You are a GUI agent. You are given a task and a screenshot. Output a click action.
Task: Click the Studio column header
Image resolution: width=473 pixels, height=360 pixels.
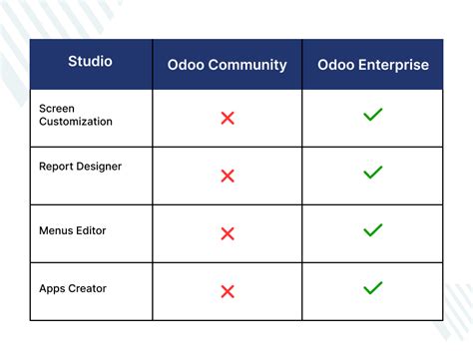[90, 62]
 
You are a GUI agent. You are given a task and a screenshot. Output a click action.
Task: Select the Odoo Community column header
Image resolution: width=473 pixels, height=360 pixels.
[227, 65]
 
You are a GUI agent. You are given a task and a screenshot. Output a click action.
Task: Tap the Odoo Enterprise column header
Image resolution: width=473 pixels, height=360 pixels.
[373, 65]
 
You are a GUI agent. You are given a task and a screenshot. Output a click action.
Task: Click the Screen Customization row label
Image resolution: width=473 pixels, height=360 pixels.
[76, 114]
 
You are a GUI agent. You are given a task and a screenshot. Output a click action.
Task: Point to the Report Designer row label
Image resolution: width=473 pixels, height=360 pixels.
[80, 167]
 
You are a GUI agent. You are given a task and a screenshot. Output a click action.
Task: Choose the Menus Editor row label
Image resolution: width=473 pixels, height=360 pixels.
[73, 230]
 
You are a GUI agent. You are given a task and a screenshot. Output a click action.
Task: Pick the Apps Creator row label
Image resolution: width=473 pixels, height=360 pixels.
[73, 288]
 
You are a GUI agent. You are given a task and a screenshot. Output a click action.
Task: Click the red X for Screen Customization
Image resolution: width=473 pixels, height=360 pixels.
[228, 118]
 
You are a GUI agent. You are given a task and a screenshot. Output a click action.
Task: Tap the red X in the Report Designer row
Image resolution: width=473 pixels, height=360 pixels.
[228, 176]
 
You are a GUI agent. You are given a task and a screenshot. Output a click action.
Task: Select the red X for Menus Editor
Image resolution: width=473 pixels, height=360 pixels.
[228, 233]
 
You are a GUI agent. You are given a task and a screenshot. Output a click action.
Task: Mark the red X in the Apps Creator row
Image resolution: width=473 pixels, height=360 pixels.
[228, 291]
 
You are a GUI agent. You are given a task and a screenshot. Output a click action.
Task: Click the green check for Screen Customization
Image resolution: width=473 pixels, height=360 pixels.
[373, 116]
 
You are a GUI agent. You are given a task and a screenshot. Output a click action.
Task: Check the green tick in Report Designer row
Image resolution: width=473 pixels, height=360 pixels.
[373, 173]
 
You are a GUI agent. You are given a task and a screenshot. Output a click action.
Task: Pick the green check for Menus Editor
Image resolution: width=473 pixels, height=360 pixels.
[373, 230]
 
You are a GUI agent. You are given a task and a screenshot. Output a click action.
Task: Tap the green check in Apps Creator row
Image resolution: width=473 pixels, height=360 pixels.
[373, 288]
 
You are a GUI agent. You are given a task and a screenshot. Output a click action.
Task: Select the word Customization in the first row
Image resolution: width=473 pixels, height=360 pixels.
[76, 121]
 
